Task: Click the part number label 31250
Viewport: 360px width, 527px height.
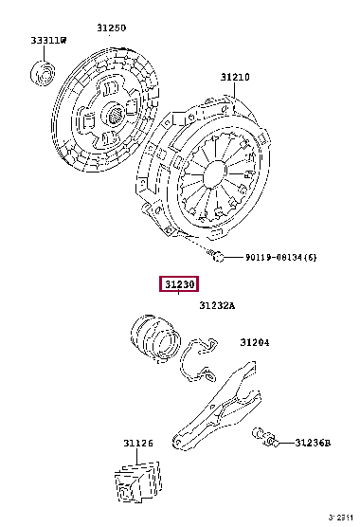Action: click(112, 27)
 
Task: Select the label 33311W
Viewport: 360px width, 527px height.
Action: click(48, 41)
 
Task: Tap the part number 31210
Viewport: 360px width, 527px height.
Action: click(235, 78)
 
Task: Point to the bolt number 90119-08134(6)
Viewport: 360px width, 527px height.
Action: click(281, 258)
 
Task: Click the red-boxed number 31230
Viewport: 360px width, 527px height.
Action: click(179, 284)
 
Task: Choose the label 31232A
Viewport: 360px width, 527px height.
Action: click(217, 305)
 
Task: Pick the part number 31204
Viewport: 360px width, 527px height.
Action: click(255, 342)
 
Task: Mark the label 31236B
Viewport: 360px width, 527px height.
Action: click(313, 443)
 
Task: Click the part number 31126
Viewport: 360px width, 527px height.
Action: click(138, 444)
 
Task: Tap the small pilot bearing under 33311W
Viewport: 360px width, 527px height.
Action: click(43, 73)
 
